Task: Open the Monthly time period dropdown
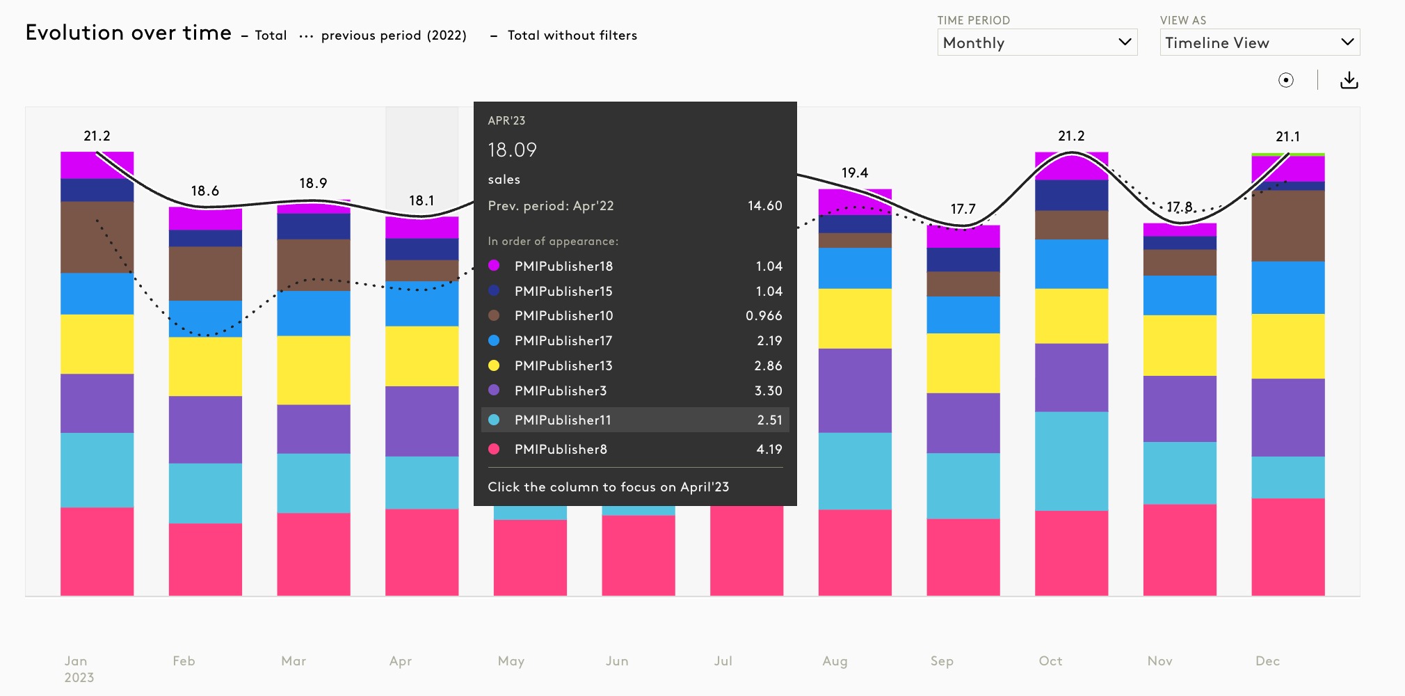(1036, 42)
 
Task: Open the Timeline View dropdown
(1259, 42)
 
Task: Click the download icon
(1349, 80)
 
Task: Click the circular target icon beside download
(1286, 80)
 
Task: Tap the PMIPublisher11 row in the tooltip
(634, 420)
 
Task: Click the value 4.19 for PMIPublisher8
(769, 449)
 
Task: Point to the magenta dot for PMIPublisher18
(494, 265)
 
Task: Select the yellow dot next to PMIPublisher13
(494, 365)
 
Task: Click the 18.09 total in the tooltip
(513, 150)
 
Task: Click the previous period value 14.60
(764, 205)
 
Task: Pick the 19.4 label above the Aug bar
(854, 173)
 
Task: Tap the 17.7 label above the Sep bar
(963, 209)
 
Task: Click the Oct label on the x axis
(1050, 661)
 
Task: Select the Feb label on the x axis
(184, 661)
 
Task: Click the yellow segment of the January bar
(97, 344)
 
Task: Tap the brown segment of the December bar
(1287, 226)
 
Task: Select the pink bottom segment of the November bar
(1180, 550)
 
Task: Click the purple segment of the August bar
(855, 390)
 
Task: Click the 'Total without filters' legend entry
(572, 35)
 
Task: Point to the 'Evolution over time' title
(129, 33)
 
